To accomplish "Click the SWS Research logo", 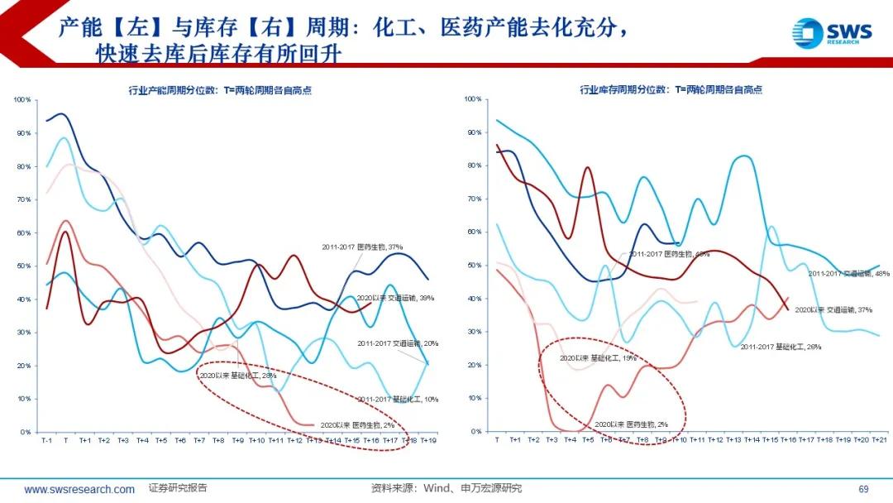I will tap(830, 33).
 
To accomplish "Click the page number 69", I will tap(863, 489).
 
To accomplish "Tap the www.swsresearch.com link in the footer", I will tap(79, 489).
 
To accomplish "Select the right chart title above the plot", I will tap(671, 89).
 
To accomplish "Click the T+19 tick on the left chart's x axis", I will tap(428, 441).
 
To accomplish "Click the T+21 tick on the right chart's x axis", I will tap(879, 440).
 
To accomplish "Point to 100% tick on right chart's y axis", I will tap(472, 99).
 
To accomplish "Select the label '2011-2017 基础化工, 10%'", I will tap(398, 399).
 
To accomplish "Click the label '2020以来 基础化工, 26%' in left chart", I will tap(237, 375).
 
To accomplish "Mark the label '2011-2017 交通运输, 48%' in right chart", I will tap(848, 273).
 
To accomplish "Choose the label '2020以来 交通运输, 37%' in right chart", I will tap(833, 309).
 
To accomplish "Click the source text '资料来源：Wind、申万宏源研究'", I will tap(446, 488).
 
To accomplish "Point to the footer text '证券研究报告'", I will tap(178, 488).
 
